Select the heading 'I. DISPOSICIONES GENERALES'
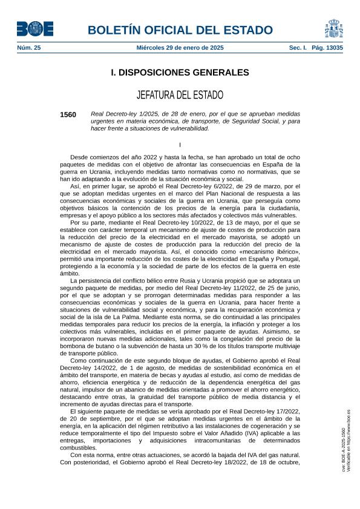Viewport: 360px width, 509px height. click(x=180, y=73)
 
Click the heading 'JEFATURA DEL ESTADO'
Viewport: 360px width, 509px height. click(x=180, y=95)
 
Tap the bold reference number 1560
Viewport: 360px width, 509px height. click(x=68, y=114)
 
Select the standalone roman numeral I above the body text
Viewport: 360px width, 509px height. click(x=180, y=143)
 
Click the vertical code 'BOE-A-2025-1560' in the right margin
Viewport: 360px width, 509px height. click(x=343, y=448)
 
